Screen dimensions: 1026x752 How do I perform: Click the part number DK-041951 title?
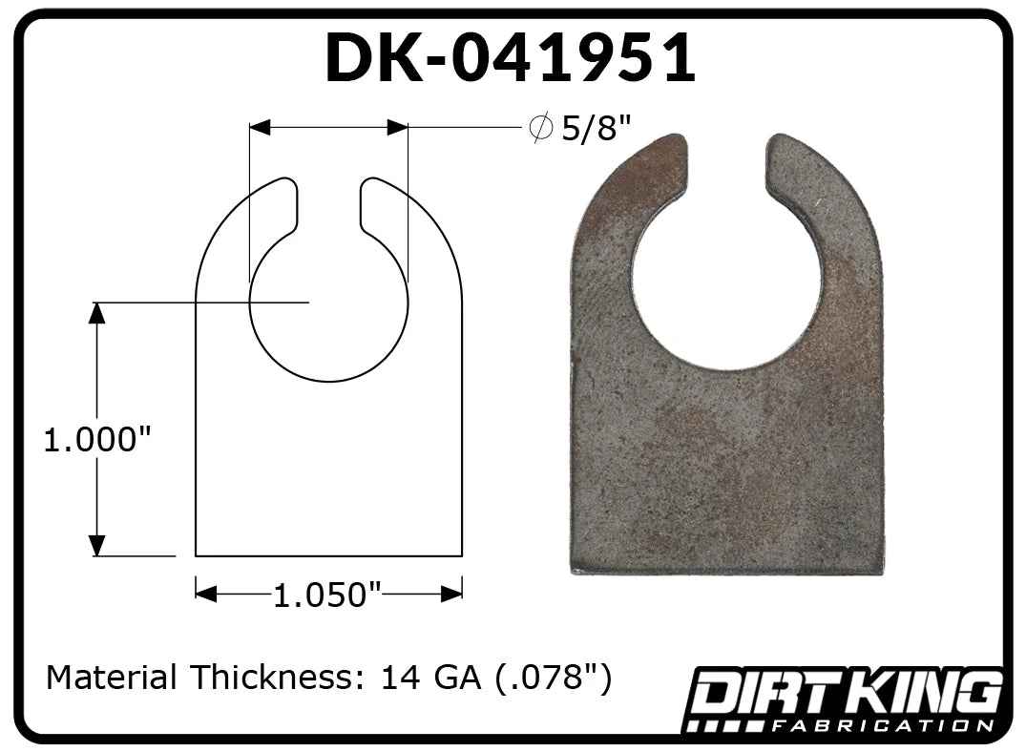click(x=511, y=57)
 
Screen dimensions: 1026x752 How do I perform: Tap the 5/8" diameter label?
click(x=597, y=128)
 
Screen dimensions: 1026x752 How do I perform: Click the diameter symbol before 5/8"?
click(x=541, y=128)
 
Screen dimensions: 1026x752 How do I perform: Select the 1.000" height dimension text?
click(x=96, y=440)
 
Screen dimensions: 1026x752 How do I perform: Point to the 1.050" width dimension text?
click(x=326, y=595)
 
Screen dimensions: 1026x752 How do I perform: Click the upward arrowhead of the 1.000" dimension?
click(x=96, y=313)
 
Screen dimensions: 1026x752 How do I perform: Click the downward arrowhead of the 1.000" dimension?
click(x=96, y=545)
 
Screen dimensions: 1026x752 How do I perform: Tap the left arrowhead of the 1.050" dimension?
click(x=206, y=595)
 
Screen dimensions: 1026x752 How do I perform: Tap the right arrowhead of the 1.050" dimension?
click(x=452, y=595)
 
